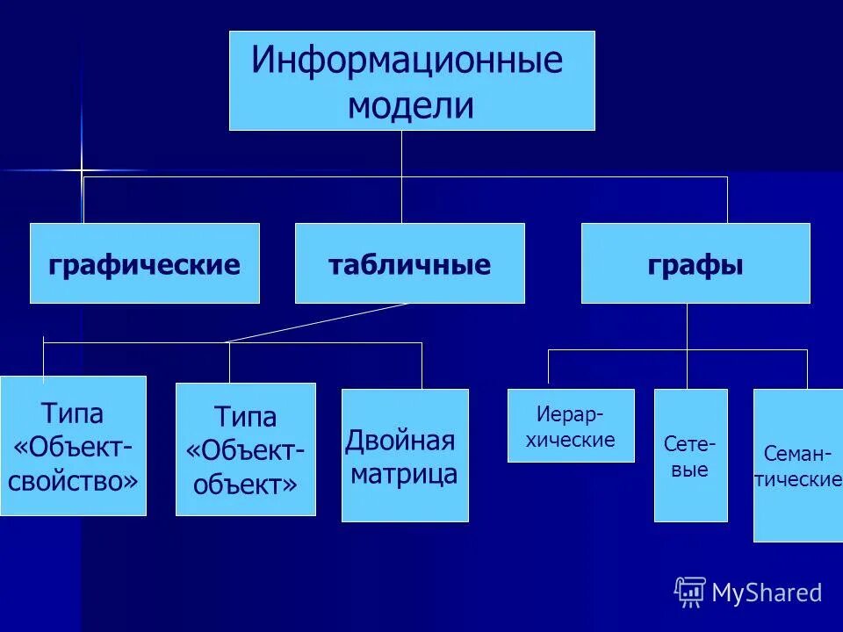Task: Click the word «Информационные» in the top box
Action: (407, 61)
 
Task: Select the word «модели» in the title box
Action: (411, 106)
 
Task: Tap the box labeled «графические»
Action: (145, 263)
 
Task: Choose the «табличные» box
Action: (409, 263)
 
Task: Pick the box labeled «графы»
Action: (695, 263)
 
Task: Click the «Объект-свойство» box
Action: (73, 445)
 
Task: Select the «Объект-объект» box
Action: (246, 449)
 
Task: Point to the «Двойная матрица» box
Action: (405, 455)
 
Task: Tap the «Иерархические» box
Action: (571, 426)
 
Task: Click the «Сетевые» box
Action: (690, 455)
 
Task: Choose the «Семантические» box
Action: (797, 465)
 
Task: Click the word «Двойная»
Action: (400, 440)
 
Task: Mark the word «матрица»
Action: (405, 475)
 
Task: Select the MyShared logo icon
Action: (690, 592)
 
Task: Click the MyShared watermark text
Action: (767, 593)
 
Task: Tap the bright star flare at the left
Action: (82, 169)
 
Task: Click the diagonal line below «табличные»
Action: (316, 322)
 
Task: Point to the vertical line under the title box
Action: (401, 154)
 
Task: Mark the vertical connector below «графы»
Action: (688, 327)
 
